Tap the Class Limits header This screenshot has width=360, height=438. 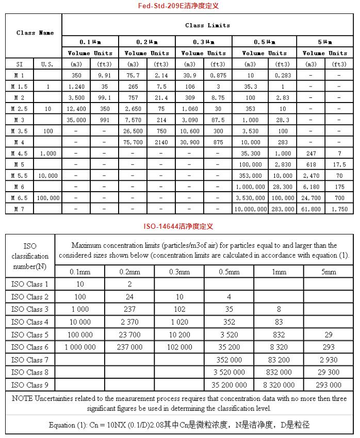click(x=207, y=25)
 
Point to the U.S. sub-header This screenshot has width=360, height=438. click(x=48, y=64)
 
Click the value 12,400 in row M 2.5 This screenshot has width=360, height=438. click(x=76, y=109)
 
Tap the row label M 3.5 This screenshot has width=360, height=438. click(x=19, y=131)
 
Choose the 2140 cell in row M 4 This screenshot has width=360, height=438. click(x=161, y=142)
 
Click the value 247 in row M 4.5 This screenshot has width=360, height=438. click(x=311, y=153)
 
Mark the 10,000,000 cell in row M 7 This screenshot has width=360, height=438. click(x=250, y=209)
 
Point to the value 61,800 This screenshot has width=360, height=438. click(x=311, y=209)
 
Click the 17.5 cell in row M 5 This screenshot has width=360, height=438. click(x=339, y=164)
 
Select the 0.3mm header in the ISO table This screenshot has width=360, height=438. click(x=179, y=272)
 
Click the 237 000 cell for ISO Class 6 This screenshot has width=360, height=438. click(x=129, y=347)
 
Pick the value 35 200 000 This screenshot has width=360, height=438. click(x=229, y=385)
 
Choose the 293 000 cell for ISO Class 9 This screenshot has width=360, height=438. click(x=329, y=385)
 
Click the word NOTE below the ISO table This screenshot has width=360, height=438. click(x=23, y=399)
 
